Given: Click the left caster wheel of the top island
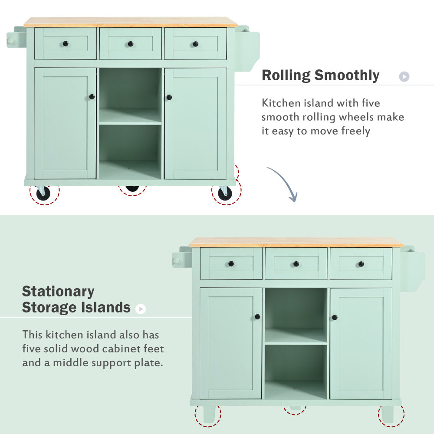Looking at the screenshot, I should [43, 193].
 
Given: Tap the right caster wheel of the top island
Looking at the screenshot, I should [224, 193].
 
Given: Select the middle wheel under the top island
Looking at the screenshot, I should [132, 189].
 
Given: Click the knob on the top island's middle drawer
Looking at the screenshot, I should [130, 44].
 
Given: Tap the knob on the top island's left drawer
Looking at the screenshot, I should [66, 44].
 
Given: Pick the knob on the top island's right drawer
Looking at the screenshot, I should [195, 44].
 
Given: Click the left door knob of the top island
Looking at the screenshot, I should [92, 97].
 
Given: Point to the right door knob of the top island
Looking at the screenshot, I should [169, 97].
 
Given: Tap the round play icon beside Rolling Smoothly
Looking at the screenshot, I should [404, 77].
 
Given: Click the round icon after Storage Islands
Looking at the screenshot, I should [140, 309].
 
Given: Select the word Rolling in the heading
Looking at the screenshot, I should [286, 76].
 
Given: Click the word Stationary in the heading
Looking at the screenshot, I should [58, 291].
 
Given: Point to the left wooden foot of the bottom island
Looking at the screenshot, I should [209, 414].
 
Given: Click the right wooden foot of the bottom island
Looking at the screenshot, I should [388, 414].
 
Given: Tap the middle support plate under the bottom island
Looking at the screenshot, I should [295, 408].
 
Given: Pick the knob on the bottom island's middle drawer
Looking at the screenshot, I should [296, 264].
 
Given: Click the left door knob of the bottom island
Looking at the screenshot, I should [257, 317].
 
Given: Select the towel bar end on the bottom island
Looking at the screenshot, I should [176, 261].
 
